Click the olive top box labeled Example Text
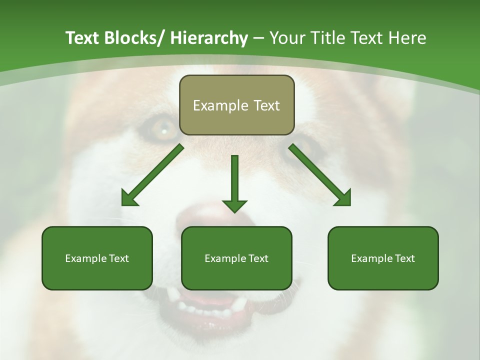click(236, 105)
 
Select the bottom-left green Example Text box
click(97, 258)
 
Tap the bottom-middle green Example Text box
click(236, 258)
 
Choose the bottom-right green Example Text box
click(383, 258)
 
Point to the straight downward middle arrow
click(234, 185)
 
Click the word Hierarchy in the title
click(209, 38)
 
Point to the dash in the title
click(258, 38)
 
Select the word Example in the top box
click(220, 105)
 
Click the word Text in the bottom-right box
click(404, 258)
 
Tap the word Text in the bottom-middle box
click(257, 258)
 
